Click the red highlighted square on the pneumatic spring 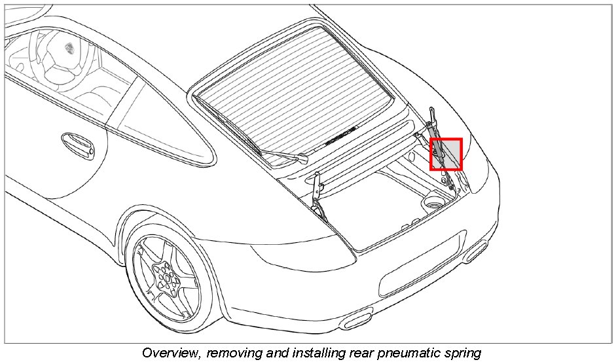coord(446,154)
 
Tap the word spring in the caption coord(463,353)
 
